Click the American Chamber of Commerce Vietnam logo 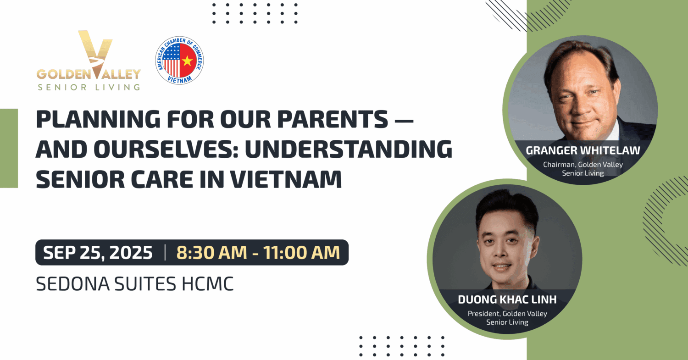[179, 60]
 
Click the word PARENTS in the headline [333, 119]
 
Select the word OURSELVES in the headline [166, 150]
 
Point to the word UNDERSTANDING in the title [349, 150]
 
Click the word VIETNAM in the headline [286, 179]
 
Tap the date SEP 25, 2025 [98, 253]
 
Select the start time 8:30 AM [211, 253]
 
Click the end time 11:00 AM [302, 253]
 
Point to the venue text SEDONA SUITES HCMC [135, 283]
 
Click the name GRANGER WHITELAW [583, 150]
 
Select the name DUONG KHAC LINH [507, 299]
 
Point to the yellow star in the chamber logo [187, 61]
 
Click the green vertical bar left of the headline [9, 148]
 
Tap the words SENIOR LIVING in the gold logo [89, 87]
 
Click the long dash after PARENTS [404, 120]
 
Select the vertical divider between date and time [165, 253]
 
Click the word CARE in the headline [162, 179]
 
